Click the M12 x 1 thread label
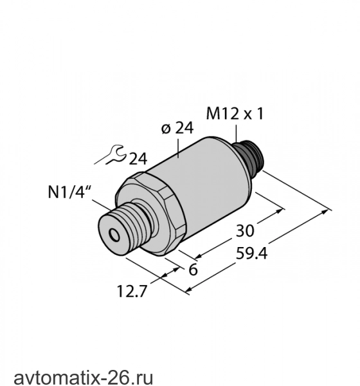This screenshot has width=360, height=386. coord(235,115)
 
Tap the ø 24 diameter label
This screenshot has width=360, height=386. coord(177,128)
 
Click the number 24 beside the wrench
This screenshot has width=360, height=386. coord(138,159)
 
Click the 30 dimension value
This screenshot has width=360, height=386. coord(244,231)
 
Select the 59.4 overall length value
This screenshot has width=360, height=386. coord(251,253)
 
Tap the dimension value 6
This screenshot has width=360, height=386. coord(193,270)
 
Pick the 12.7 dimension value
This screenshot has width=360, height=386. coord(132,291)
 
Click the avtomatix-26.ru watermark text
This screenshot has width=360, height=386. coord(83,377)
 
